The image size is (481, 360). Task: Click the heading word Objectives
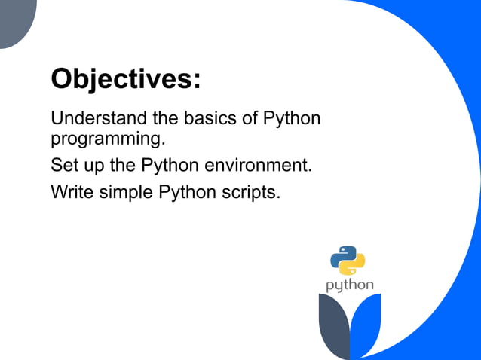click(x=121, y=78)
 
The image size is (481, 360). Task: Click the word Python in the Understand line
click(x=292, y=119)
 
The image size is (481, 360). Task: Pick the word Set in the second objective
click(x=63, y=164)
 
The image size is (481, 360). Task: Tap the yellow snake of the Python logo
click(x=354, y=266)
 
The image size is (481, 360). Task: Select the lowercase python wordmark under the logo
click(x=349, y=285)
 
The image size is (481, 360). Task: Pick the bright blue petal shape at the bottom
click(x=369, y=324)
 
